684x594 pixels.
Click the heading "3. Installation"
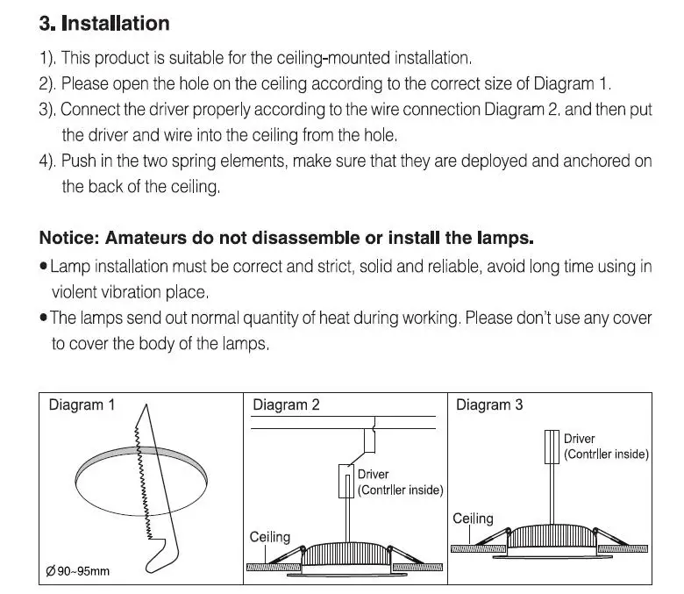click(x=104, y=23)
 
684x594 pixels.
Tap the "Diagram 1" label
click(x=82, y=404)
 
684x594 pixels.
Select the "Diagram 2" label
click(x=286, y=404)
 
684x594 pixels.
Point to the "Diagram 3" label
click(x=489, y=404)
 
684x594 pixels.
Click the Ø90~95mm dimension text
click(x=78, y=571)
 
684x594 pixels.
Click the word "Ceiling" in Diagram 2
click(x=269, y=537)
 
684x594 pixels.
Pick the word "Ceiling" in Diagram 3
click(x=473, y=519)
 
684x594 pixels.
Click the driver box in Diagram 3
click(x=552, y=447)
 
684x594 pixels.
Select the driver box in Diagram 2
click(x=346, y=481)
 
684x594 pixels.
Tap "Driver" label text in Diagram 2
click(x=373, y=474)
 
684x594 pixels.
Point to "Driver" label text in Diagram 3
click(x=580, y=439)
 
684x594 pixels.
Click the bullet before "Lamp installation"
click(x=43, y=266)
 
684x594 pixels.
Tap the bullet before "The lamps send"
click(x=43, y=318)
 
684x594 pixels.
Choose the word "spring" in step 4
click(x=194, y=161)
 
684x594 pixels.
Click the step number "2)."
click(x=47, y=83)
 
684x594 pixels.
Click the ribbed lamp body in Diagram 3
click(x=552, y=536)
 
